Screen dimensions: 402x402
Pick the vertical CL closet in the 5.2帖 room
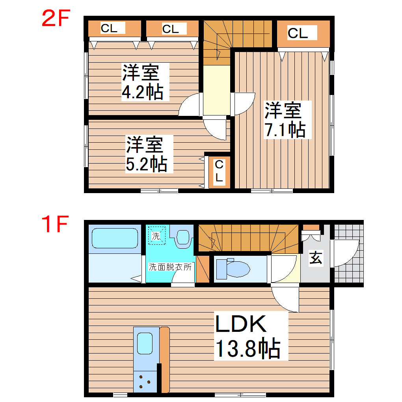click(219, 171)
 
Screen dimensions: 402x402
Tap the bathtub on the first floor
click(115, 239)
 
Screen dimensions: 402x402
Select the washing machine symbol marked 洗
click(156, 236)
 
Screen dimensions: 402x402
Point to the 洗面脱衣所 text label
click(170, 267)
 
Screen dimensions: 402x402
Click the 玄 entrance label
click(315, 259)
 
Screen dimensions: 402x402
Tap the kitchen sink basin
click(145, 344)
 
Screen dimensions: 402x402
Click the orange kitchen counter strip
click(165, 359)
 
